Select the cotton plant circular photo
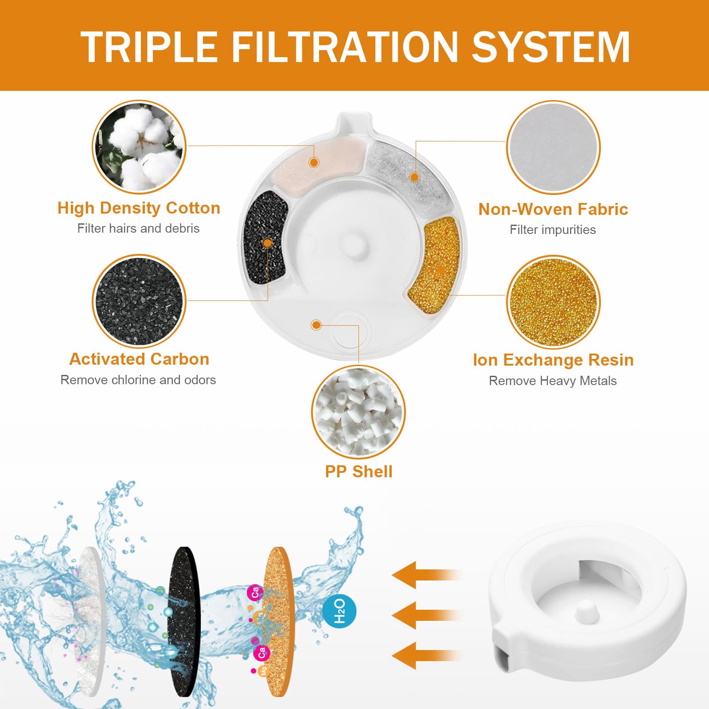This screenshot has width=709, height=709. pos(139,147)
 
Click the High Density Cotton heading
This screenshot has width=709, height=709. pos(139,208)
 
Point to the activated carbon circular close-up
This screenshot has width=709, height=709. pos(139,301)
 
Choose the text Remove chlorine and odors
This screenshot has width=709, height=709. pos(138,380)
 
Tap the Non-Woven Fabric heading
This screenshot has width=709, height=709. pos(553,209)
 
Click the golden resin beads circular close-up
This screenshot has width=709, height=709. pos(553,302)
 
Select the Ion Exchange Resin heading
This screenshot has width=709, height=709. pos(553,360)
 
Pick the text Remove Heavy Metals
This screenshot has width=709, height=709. pos(553,381)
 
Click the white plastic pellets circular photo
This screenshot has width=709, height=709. pos(358,412)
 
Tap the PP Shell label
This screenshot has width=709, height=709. pos(358,471)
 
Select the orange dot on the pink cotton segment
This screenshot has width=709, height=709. pos(314,162)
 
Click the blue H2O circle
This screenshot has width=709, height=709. pos(339,611)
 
